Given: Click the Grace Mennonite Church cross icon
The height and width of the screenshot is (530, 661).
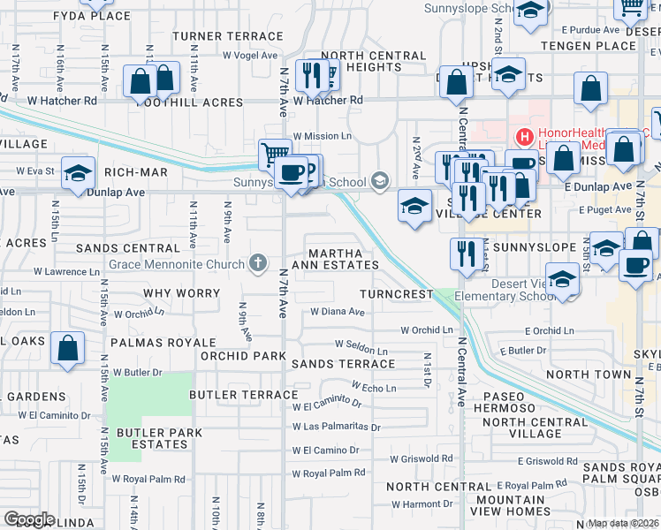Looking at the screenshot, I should (x=258, y=261).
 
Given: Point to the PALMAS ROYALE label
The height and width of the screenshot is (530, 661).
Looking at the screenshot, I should (x=163, y=342).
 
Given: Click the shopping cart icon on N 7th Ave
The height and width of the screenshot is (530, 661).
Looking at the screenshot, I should (x=275, y=155).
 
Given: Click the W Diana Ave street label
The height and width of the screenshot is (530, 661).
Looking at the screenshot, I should (x=338, y=312).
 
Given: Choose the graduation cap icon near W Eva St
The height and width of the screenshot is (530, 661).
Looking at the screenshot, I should (x=78, y=172).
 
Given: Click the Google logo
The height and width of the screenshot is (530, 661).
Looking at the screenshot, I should (x=28, y=519).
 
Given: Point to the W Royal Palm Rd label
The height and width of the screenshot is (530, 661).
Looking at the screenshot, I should (x=330, y=473).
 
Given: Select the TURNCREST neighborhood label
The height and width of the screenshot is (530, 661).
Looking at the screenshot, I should (x=397, y=293).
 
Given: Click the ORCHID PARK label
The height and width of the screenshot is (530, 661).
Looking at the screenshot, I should (x=242, y=356).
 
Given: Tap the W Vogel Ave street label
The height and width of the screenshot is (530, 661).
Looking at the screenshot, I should (x=249, y=55).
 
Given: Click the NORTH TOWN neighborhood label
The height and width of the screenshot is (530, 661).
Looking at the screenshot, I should (x=589, y=375).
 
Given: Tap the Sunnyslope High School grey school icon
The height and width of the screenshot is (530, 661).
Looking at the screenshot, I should (x=380, y=182).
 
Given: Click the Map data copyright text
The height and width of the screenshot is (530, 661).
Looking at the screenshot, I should (x=623, y=523).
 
